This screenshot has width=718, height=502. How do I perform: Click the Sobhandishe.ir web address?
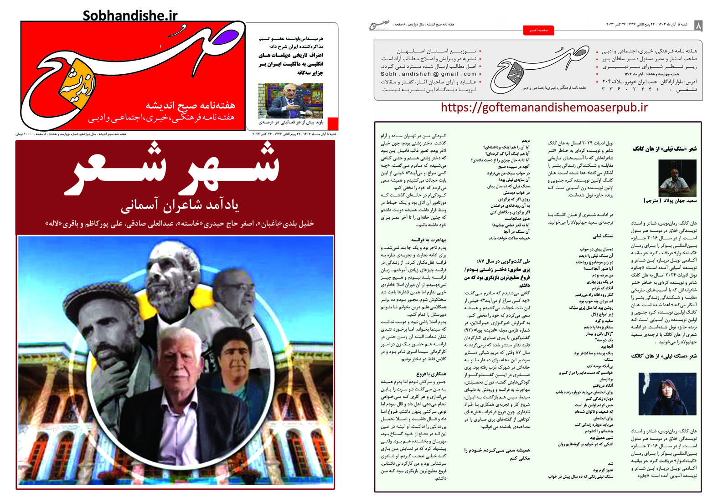click(x=130, y=15)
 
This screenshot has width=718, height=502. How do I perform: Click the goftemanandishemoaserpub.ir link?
click(x=544, y=108)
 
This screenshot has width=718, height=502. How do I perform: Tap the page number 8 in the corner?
click(x=697, y=26)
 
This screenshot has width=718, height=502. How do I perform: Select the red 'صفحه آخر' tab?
click(x=538, y=31)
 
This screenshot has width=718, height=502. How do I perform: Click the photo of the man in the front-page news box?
click(x=290, y=100)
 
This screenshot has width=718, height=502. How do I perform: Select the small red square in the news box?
click(x=333, y=123)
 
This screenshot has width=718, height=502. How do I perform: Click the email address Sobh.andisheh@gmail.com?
click(x=429, y=74)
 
